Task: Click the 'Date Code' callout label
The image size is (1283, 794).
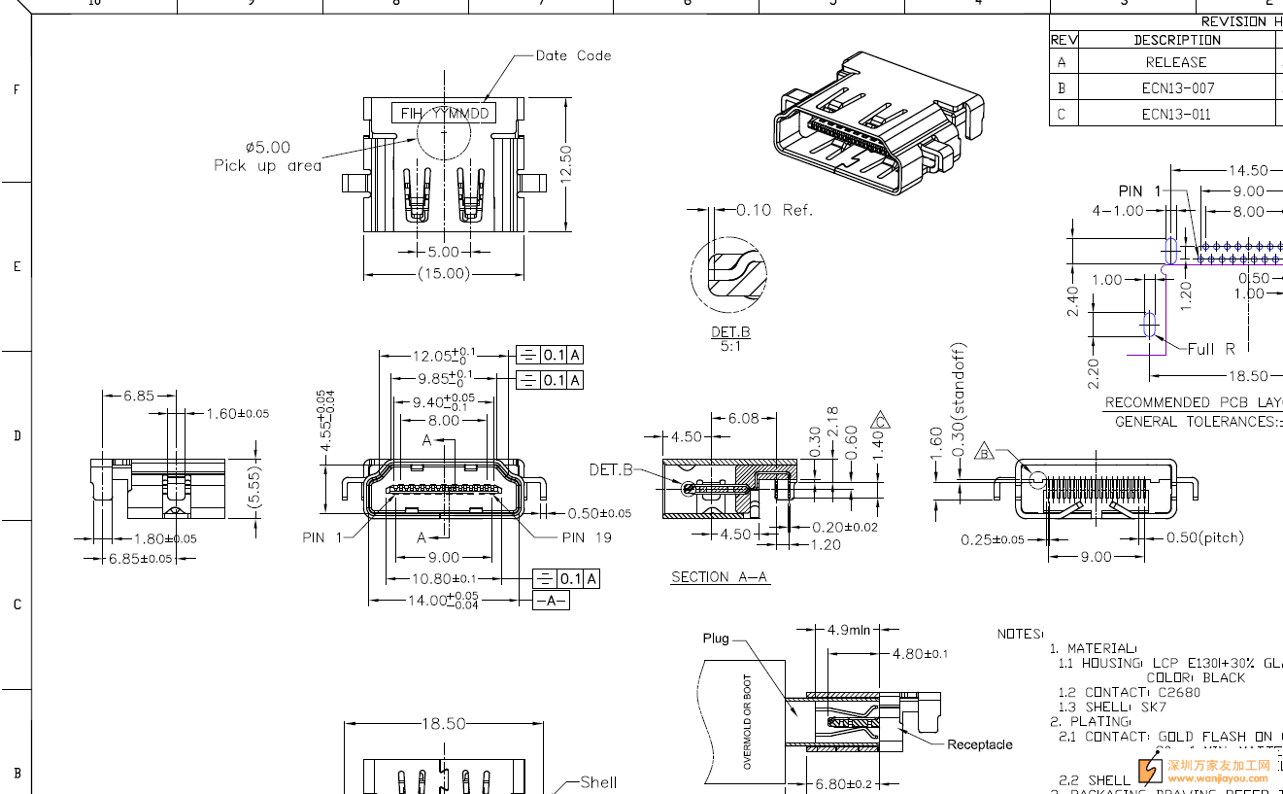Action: [x=573, y=55]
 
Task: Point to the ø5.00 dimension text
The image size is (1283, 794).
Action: [x=267, y=148]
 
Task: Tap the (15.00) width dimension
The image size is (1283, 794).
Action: [x=444, y=274]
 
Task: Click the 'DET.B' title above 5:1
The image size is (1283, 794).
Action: [x=729, y=332]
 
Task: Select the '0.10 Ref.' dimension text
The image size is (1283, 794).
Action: [x=774, y=210]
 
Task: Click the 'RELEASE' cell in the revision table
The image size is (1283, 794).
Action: [x=1175, y=62]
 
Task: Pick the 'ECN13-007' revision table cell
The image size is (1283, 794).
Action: [x=1177, y=88]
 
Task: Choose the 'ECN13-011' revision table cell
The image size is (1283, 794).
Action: [x=1176, y=114]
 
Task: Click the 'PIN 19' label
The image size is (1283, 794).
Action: [x=587, y=537]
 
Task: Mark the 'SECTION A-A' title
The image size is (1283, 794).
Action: [x=720, y=577]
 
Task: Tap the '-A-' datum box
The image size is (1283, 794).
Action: [x=551, y=601]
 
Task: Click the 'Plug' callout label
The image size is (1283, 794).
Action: [x=716, y=639]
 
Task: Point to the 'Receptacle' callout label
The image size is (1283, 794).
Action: [x=979, y=744]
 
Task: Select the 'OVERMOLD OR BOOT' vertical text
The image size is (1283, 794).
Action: [x=747, y=722]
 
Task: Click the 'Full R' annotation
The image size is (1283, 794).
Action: [x=1211, y=349]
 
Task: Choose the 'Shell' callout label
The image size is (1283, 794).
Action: [x=598, y=781]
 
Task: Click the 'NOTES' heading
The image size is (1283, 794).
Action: [x=1020, y=634]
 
